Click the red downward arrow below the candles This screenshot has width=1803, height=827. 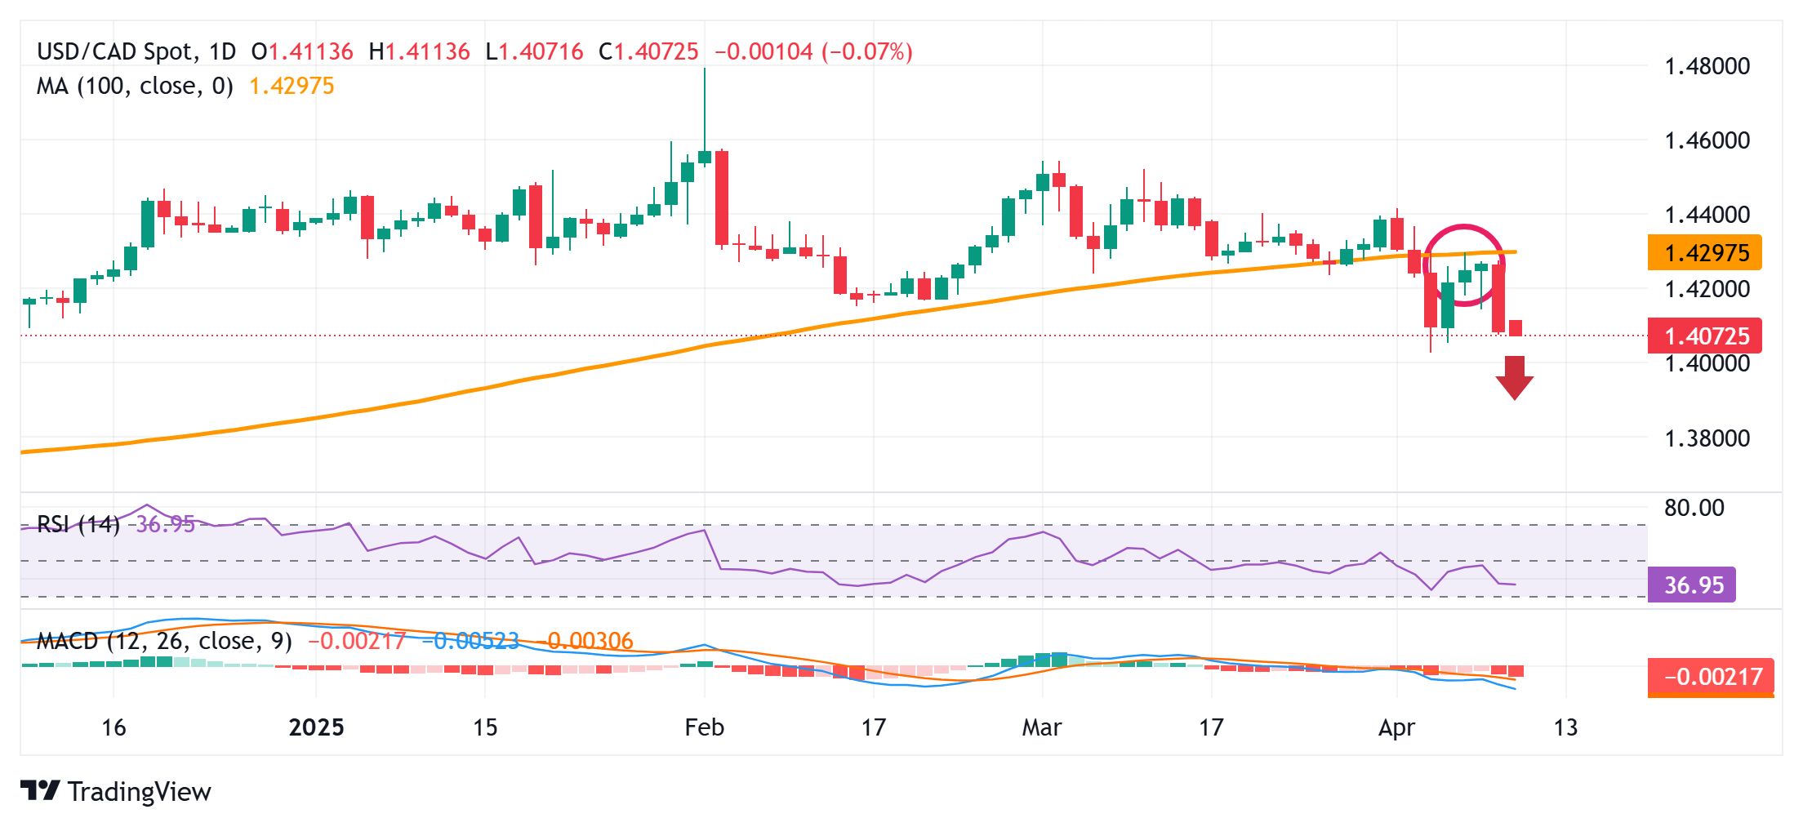pos(1515,378)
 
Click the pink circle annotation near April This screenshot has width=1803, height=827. pos(1463,227)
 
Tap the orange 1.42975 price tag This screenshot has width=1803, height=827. pos(1704,253)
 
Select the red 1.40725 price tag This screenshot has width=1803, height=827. pos(1704,336)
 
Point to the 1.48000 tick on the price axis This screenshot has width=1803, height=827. pos(1707,66)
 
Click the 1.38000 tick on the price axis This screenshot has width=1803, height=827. pos(1707,438)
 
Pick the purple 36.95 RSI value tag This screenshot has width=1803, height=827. pos(1692,585)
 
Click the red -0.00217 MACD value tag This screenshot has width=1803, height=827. pos(1711,677)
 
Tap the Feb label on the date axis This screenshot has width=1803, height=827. pos(704,727)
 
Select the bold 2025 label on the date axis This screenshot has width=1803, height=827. pos(316,727)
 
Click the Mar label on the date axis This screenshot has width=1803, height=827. pos(1041,727)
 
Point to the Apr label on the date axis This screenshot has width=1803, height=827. pos(1396,727)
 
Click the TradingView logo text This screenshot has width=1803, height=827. pos(139,792)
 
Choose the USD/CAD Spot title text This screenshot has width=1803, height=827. pos(117,52)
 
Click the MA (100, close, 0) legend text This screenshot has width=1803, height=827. pos(135,87)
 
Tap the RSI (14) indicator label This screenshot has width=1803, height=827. pos(78,524)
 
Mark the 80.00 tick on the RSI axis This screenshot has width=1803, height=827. pos(1694,508)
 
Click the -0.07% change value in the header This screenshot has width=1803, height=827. pos(867,52)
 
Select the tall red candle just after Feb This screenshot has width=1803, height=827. pos(722,198)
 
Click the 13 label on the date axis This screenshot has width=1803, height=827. pos(1565,727)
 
